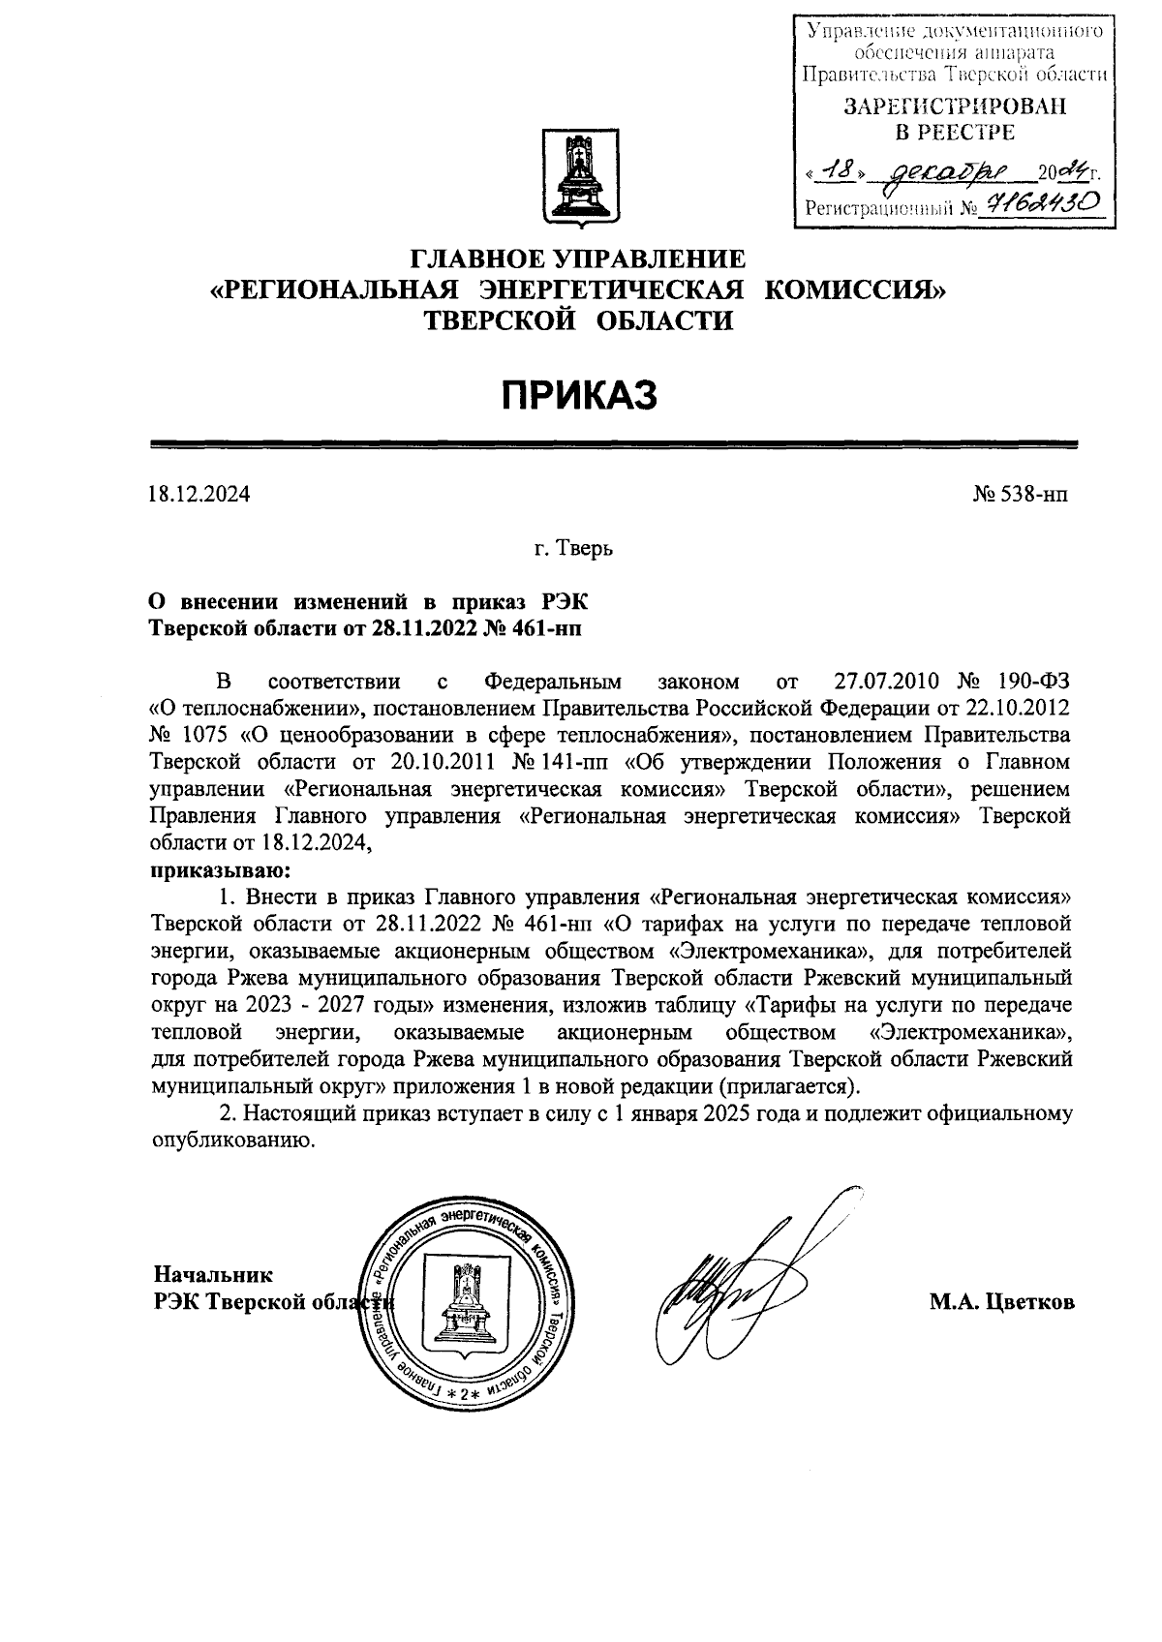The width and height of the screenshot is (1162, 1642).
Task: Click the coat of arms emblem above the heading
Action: (579, 178)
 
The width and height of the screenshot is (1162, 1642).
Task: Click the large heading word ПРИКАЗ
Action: (578, 394)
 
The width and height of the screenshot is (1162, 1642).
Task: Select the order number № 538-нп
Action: (1021, 495)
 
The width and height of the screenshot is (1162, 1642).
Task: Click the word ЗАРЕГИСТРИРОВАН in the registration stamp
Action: (955, 106)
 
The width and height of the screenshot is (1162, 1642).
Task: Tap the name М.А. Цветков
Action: (1001, 1302)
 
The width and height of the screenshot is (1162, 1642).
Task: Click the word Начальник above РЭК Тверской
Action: (213, 1274)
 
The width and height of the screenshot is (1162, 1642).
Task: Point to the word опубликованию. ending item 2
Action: (233, 1140)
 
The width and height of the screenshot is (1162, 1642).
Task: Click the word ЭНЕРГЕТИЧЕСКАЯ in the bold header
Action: (613, 289)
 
